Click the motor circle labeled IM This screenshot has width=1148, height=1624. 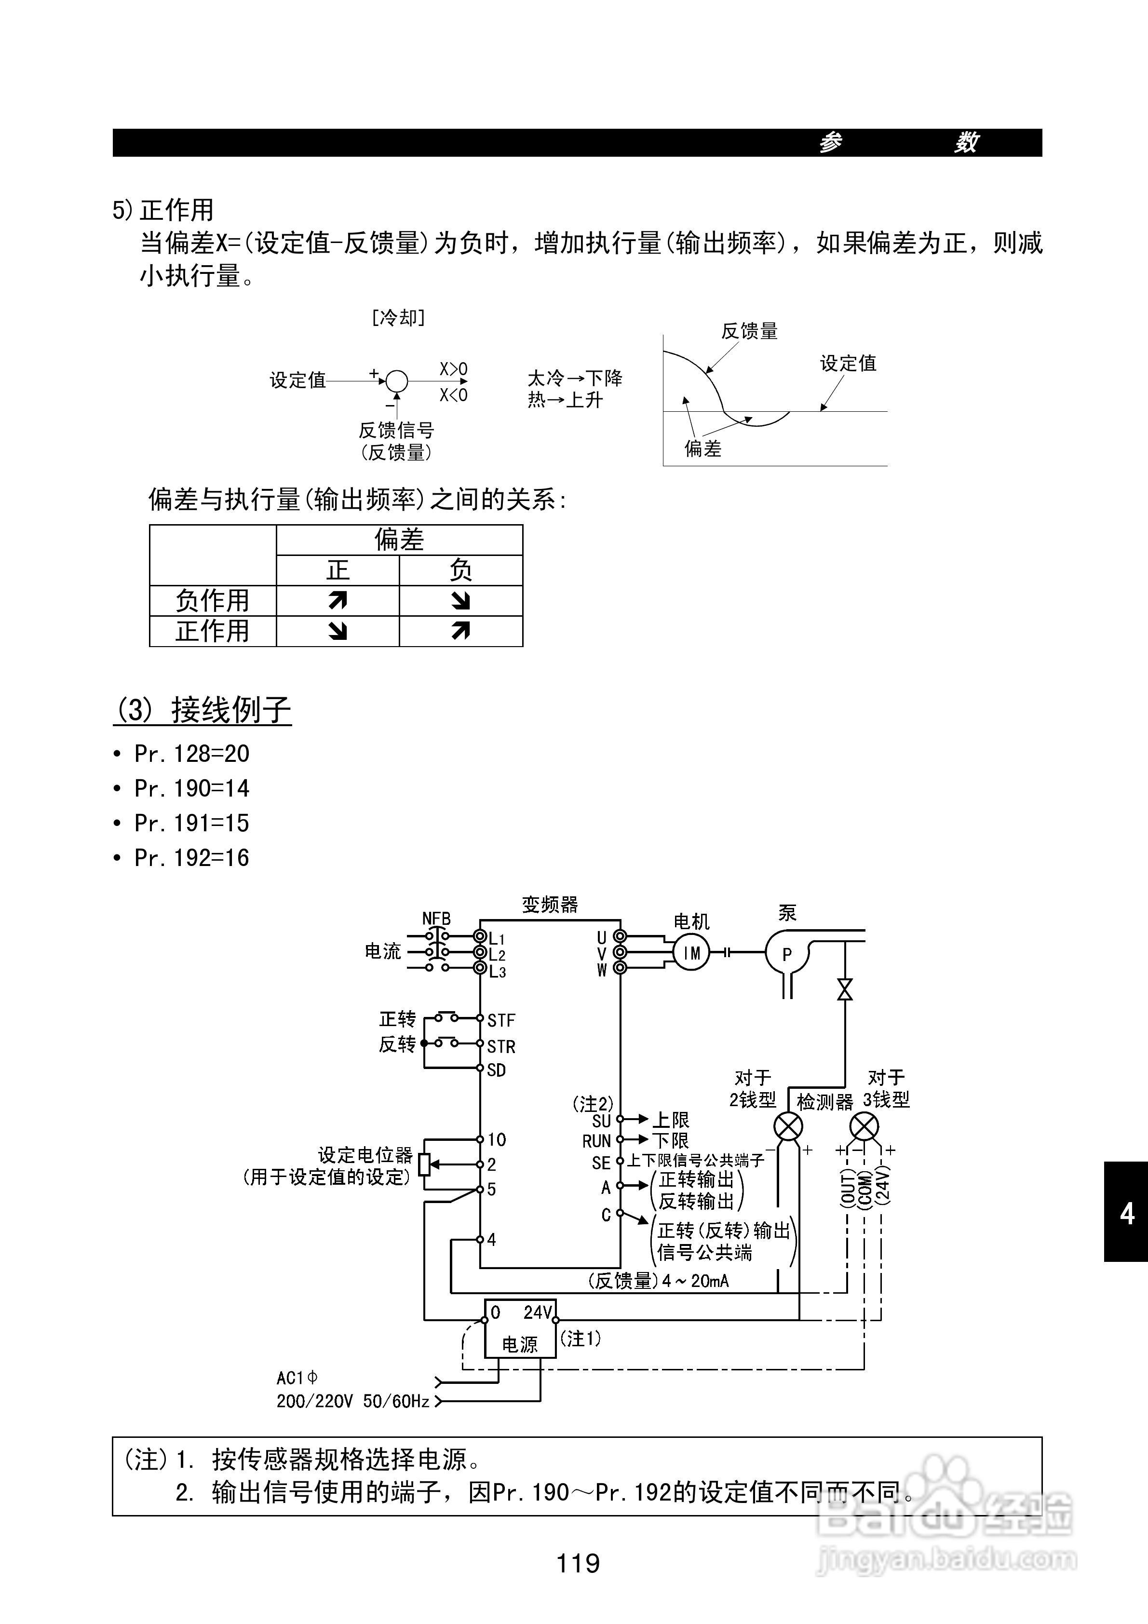(x=690, y=953)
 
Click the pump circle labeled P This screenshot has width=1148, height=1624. (x=786, y=953)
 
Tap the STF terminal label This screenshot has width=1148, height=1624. (x=501, y=1020)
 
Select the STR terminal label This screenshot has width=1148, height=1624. (x=501, y=1045)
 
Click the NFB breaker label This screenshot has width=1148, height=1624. (x=436, y=918)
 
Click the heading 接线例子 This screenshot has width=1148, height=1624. (x=230, y=709)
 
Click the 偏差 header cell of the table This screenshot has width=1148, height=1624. (x=399, y=540)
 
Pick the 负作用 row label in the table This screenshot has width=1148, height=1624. (x=212, y=600)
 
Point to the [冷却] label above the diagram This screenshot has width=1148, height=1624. (x=398, y=318)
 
